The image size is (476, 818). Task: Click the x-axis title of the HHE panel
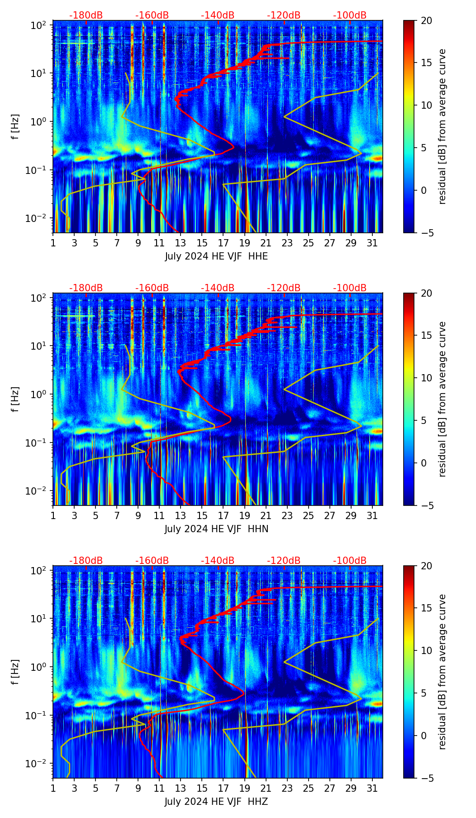[x=216, y=256]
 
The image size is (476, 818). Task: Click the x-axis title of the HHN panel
[x=216, y=529]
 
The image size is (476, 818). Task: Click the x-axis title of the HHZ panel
[x=216, y=802]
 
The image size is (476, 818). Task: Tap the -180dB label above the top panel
[x=86, y=15]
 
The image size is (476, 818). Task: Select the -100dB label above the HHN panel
[x=350, y=288]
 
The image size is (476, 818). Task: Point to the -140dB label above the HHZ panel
[x=218, y=561]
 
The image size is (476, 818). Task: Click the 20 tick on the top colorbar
[x=426, y=20]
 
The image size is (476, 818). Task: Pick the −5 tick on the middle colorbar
[x=426, y=505]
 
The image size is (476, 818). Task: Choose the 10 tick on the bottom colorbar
[x=426, y=650]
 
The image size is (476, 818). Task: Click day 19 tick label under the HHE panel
[x=245, y=243]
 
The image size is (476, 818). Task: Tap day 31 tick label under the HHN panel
[x=372, y=515]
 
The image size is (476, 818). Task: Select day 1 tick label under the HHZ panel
[x=53, y=788]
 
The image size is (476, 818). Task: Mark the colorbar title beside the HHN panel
[x=443, y=399]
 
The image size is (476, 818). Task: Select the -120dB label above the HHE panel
[x=284, y=15]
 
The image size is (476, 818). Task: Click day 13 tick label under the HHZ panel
[x=181, y=788]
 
